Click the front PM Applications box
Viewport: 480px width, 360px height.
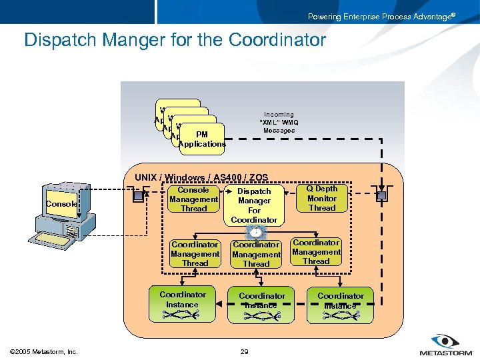(x=202, y=139)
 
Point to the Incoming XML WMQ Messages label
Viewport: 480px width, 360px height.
(x=279, y=123)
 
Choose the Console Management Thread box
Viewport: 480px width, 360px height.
(x=193, y=199)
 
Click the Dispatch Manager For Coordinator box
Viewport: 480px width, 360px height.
(x=254, y=205)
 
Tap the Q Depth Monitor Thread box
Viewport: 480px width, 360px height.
(x=322, y=199)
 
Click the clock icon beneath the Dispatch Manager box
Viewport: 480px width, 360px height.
(x=254, y=231)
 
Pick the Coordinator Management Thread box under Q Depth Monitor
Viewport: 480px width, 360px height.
(x=316, y=252)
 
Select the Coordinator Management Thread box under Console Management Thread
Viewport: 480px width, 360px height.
(x=195, y=254)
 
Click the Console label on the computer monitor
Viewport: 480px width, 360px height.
(x=61, y=204)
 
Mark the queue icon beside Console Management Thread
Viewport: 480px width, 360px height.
(x=138, y=197)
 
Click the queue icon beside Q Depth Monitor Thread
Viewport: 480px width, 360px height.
(x=381, y=196)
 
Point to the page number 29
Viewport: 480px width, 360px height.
(x=243, y=351)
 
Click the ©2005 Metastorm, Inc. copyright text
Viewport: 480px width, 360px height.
(x=44, y=351)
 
